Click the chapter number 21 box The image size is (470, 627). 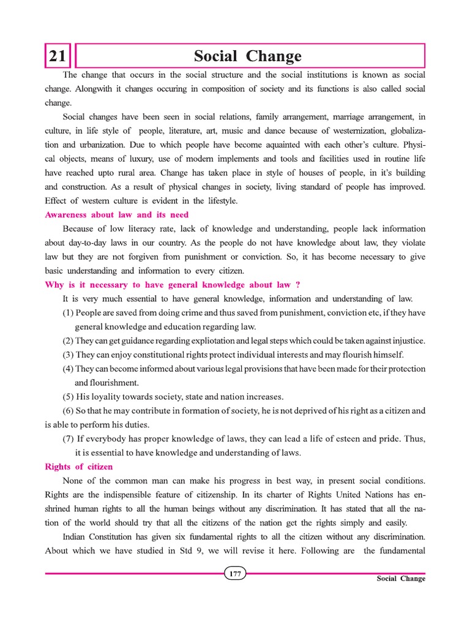pos(58,57)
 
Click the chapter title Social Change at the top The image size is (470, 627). pos(247,57)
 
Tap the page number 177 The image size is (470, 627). pos(235,574)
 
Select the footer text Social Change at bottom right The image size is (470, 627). pos(401,579)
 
